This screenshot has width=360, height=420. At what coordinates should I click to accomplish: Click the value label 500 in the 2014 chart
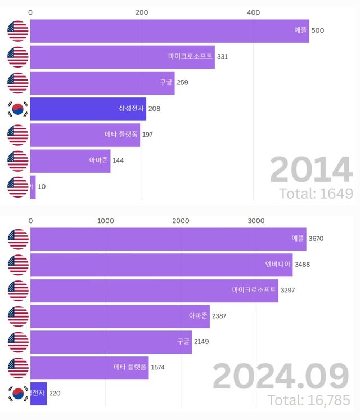point(317,30)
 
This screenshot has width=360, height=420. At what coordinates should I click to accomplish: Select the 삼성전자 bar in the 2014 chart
point(88,109)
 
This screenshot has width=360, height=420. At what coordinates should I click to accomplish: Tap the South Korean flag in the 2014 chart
point(17,109)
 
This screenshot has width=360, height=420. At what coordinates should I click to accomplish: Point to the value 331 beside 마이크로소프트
point(222,56)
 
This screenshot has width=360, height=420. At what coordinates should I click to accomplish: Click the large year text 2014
point(311,169)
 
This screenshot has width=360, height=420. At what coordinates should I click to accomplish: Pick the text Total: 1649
point(316,194)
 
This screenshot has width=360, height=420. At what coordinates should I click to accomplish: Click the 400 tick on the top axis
point(254,12)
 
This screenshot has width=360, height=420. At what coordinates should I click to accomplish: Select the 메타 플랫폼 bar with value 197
point(84,135)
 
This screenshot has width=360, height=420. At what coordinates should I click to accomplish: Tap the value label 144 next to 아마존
point(118,160)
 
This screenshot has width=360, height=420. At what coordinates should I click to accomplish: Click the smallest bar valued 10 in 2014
point(33,186)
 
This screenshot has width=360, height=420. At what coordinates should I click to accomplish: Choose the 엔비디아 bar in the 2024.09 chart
point(161,265)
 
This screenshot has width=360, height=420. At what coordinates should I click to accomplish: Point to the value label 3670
point(316,239)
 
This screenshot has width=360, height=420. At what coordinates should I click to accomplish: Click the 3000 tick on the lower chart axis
point(256,221)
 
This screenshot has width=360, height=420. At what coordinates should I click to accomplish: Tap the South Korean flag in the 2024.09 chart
point(18,394)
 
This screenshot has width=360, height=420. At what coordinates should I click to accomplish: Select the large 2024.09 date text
point(281,377)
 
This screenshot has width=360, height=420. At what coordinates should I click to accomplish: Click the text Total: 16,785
point(308,400)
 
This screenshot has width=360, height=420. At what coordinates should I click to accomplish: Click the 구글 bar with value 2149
point(111,342)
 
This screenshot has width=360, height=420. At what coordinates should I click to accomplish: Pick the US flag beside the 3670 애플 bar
point(18,239)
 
